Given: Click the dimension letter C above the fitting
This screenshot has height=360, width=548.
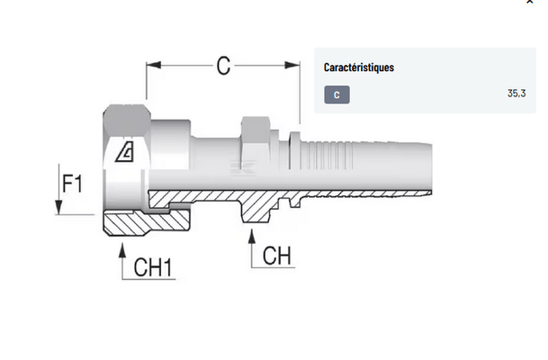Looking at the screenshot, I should [224, 66].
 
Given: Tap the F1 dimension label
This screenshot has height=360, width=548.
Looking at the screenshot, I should [72, 184].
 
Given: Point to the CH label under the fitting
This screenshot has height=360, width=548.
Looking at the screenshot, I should [277, 256].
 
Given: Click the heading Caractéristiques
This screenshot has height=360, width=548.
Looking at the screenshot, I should [358, 67].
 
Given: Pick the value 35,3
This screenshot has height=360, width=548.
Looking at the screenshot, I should [517, 94].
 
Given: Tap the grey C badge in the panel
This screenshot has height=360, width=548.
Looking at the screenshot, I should [337, 94].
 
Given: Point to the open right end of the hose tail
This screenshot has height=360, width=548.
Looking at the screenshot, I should [431, 166].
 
